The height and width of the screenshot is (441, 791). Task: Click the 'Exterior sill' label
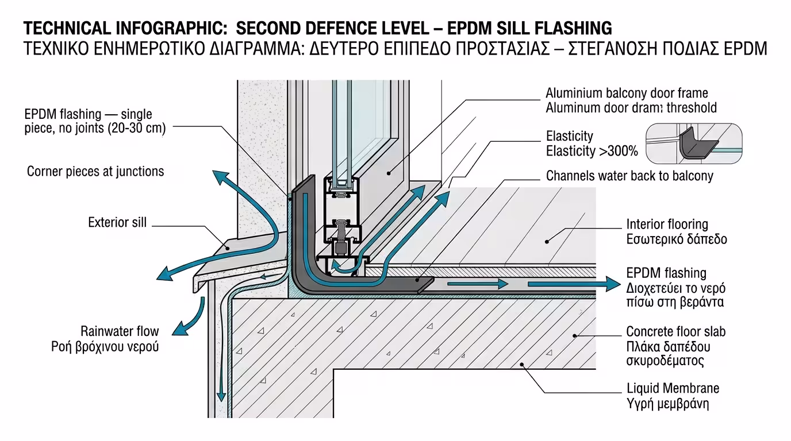(117, 222)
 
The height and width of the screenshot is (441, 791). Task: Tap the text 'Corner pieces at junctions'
(95, 171)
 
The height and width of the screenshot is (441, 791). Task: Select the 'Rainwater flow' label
(120, 331)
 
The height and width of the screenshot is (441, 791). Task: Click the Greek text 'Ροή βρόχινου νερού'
(105, 346)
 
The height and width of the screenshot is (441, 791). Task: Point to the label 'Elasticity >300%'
(592, 152)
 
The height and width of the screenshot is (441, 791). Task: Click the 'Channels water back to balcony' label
(629, 176)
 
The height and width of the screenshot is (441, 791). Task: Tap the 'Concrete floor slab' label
(675, 331)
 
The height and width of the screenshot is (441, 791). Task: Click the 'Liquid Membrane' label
(673, 389)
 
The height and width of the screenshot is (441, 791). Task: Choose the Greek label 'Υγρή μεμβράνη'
(667, 404)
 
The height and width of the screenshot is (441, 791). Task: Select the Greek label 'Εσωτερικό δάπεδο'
(676, 239)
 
